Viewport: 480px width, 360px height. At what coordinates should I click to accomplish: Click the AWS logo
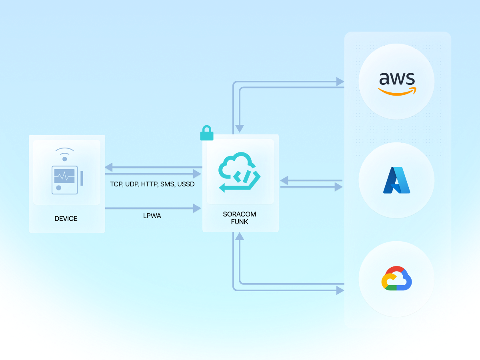[397, 82]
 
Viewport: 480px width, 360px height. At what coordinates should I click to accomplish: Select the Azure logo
[396, 180]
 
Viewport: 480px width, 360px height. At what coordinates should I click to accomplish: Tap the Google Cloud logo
[396, 278]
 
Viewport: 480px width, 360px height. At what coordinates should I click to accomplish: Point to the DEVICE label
[66, 218]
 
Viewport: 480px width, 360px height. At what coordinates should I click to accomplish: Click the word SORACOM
[240, 214]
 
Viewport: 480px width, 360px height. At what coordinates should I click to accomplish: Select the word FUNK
[240, 222]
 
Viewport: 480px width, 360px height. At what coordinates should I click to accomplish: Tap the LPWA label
[152, 216]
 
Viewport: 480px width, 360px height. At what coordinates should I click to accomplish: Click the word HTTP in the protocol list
[150, 184]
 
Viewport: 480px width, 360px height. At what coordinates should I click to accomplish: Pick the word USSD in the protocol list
[186, 184]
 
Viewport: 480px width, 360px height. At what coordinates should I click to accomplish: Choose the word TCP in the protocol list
[116, 184]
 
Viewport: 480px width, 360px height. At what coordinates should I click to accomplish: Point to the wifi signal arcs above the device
[64, 152]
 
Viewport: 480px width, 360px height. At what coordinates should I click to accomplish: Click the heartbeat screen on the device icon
[64, 176]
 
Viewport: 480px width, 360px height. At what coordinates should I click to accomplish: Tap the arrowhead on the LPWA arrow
[197, 208]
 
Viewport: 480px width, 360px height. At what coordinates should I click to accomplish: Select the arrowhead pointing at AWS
[340, 82]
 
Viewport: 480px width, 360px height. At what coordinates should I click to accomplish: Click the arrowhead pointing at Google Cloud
[340, 290]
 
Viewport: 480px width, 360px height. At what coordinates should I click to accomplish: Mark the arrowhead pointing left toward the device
[109, 167]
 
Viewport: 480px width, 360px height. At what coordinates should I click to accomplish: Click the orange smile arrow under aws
[397, 92]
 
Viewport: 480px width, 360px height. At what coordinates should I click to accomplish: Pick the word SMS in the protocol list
[168, 184]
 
